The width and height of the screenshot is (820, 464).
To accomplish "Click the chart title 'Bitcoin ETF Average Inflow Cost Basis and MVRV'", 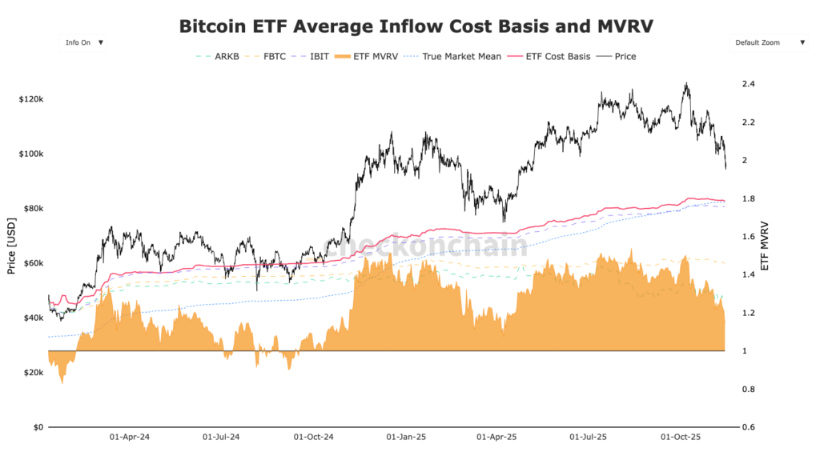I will pyautogui.click(x=416, y=26).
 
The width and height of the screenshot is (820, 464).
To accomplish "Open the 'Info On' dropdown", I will pyautogui.click(x=83, y=42).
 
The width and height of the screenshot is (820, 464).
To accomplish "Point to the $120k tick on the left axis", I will pyautogui.click(x=30, y=99).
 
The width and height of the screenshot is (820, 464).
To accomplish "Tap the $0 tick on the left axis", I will pyautogui.click(x=37, y=427).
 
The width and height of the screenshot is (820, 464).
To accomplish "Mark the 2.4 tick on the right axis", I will pyautogui.click(x=749, y=84).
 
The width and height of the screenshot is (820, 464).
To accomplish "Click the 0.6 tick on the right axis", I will pyautogui.click(x=749, y=427).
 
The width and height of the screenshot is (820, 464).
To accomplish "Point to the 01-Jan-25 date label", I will pyautogui.click(x=406, y=438).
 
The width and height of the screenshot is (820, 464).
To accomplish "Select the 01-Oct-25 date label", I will pyautogui.click(x=680, y=438).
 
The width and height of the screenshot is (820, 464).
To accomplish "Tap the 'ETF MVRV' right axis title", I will pyautogui.click(x=766, y=246).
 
